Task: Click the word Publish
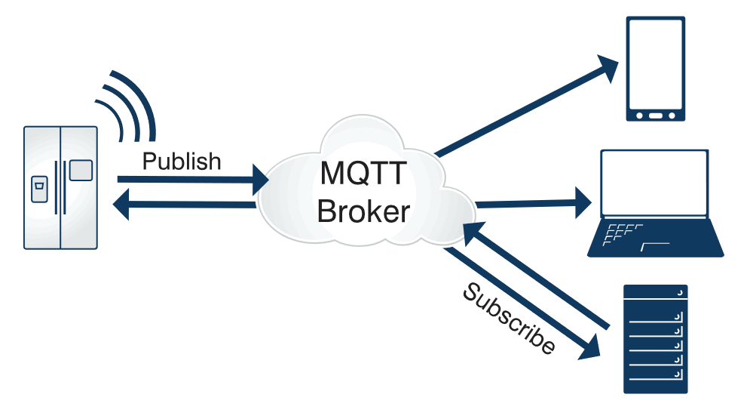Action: tap(182, 162)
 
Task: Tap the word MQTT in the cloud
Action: tap(363, 173)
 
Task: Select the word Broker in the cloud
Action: tap(363, 211)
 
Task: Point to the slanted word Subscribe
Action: tap(509, 319)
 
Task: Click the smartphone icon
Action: tap(656, 69)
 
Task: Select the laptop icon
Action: tap(655, 203)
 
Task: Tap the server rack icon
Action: tap(655, 339)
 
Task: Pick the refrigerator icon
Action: tap(61, 187)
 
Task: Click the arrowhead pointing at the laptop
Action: tap(583, 203)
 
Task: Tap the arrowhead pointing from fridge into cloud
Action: tap(260, 180)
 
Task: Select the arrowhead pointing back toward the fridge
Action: tap(121, 204)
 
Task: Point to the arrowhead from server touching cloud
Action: tap(473, 233)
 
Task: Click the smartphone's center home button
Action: tap(655, 116)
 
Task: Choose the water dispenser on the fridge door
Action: tap(39, 189)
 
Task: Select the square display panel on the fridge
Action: tap(81, 170)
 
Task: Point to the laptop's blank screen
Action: tap(654, 183)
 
